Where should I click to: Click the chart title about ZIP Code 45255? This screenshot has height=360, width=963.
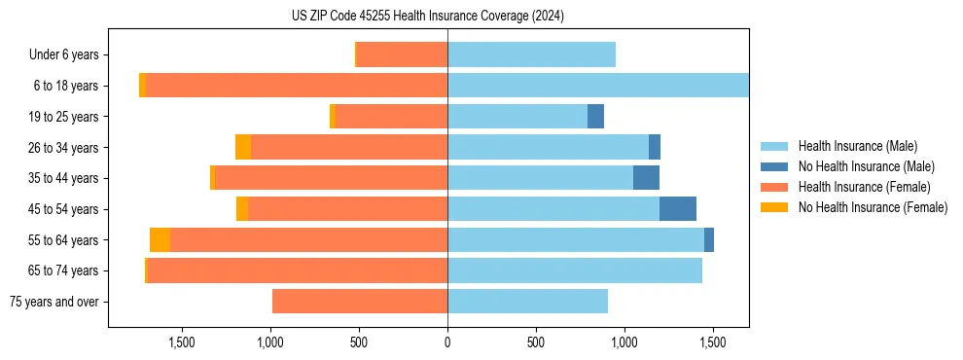point(428,17)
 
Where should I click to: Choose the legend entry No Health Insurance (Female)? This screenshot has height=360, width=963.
point(873,207)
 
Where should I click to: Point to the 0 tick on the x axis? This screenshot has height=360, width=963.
point(447,343)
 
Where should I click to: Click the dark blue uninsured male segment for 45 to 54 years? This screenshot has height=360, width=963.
point(677,209)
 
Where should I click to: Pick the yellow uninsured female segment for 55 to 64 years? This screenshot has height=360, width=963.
point(160,240)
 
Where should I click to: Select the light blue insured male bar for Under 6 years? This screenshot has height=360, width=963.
point(531,55)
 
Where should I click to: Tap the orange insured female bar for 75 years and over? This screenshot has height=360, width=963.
point(360,302)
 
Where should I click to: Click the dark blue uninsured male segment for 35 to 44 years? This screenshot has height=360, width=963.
point(646,178)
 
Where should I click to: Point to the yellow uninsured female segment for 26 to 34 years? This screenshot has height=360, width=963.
point(243,147)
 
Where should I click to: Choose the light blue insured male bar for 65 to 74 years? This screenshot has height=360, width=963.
point(574,270)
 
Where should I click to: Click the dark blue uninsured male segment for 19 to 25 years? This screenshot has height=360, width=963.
point(595,117)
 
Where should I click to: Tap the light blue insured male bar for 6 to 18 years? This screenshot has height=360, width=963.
point(598,86)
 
